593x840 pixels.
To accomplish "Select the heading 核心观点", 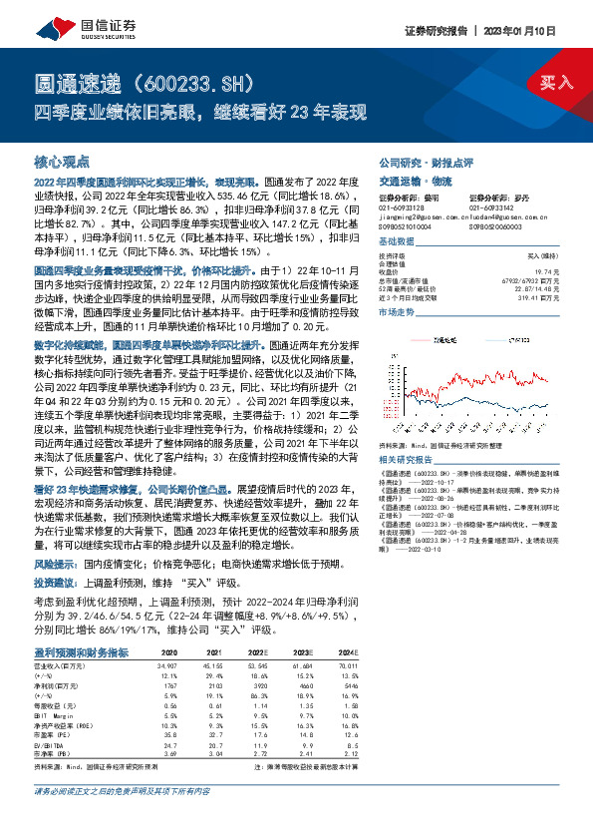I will pyautogui.click(x=62, y=161).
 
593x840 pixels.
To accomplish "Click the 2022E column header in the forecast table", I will pyautogui.click(x=262, y=651).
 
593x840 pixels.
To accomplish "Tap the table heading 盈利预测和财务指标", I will pyautogui.click(x=80, y=651).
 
